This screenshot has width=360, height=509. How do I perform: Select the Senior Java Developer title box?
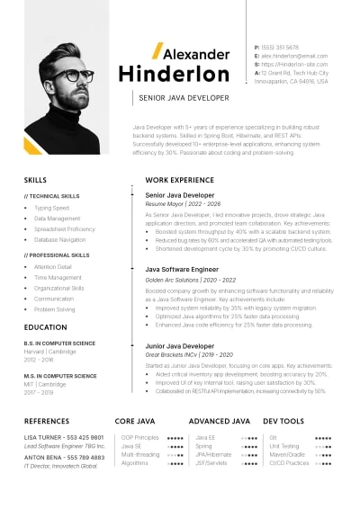(x=184, y=97)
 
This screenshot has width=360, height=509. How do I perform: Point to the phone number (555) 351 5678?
(x=281, y=47)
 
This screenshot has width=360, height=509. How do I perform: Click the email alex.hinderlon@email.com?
(x=294, y=56)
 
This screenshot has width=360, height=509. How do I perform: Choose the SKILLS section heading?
(x=36, y=180)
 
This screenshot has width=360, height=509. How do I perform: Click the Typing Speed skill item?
(x=50, y=208)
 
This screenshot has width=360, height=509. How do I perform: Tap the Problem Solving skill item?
(x=54, y=309)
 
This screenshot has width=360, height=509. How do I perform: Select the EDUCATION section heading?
(x=45, y=327)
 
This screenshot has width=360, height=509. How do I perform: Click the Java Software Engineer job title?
(x=182, y=269)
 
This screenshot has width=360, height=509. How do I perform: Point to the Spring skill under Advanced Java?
(x=203, y=446)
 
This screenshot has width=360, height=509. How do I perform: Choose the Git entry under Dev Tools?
(x=273, y=437)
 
